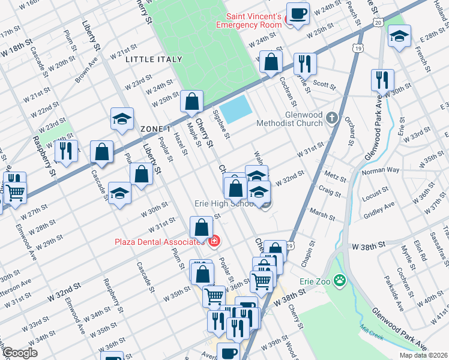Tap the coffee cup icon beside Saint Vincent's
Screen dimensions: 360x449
click(297, 13)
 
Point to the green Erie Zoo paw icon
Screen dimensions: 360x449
click(340, 280)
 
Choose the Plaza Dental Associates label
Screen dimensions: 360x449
click(158, 242)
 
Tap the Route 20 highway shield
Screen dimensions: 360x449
click(377, 22)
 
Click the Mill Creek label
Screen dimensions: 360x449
click(372, 333)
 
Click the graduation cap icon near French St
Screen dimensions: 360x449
click(399, 37)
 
